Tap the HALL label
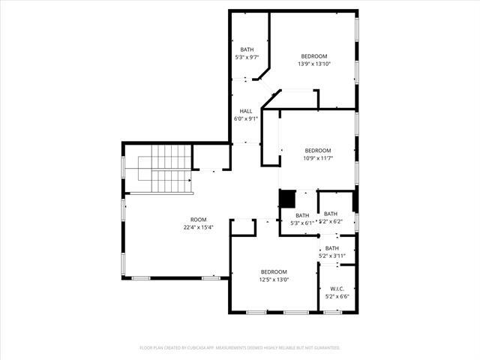pyautogui.click(x=246, y=110)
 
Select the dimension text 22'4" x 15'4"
pyautogui.click(x=198, y=227)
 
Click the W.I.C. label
pyautogui.click(x=331, y=288)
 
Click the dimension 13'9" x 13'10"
pyautogui.click(x=314, y=64)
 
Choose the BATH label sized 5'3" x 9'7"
pyautogui.click(x=247, y=49)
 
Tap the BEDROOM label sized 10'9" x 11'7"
pyautogui.click(x=318, y=150)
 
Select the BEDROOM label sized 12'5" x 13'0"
pyautogui.click(x=274, y=271)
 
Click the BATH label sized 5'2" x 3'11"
pyautogui.click(x=331, y=248)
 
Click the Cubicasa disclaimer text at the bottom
pyautogui.click(x=240, y=348)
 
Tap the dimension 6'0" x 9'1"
pyautogui.click(x=246, y=118)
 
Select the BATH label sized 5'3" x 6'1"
pyautogui.click(x=302, y=215)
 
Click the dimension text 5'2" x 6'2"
pyautogui.click(x=331, y=221)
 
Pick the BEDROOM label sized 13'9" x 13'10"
pyautogui.click(x=314, y=56)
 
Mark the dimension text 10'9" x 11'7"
pyautogui.click(x=318, y=157)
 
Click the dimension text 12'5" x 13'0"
pyautogui.click(x=274, y=279)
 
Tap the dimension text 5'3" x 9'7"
pyautogui.click(x=247, y=57)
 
